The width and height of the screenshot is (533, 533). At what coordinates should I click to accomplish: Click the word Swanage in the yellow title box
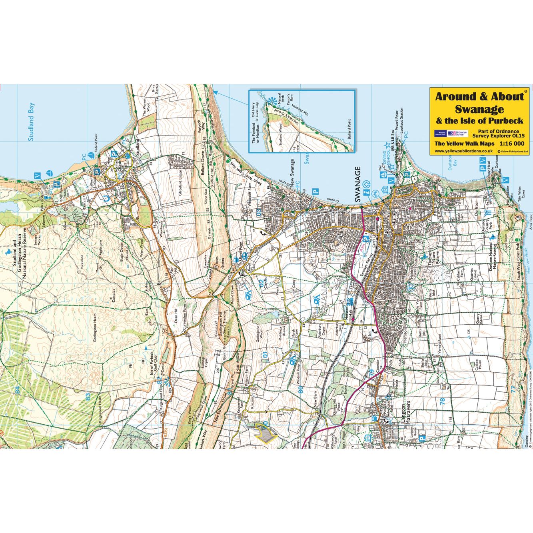pyautogui.click(x=479, y=109)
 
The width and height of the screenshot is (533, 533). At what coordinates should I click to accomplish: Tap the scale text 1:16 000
pyautogui.click(x=511, y=144)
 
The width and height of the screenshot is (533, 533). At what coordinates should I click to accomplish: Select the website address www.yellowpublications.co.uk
pyautogui.click(x=463, y=151)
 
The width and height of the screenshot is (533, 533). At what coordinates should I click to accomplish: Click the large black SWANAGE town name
pyautogui.click(x=357, y=184)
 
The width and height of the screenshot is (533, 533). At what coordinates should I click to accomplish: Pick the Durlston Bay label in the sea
pyautogui.click(x=452, y=162)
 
